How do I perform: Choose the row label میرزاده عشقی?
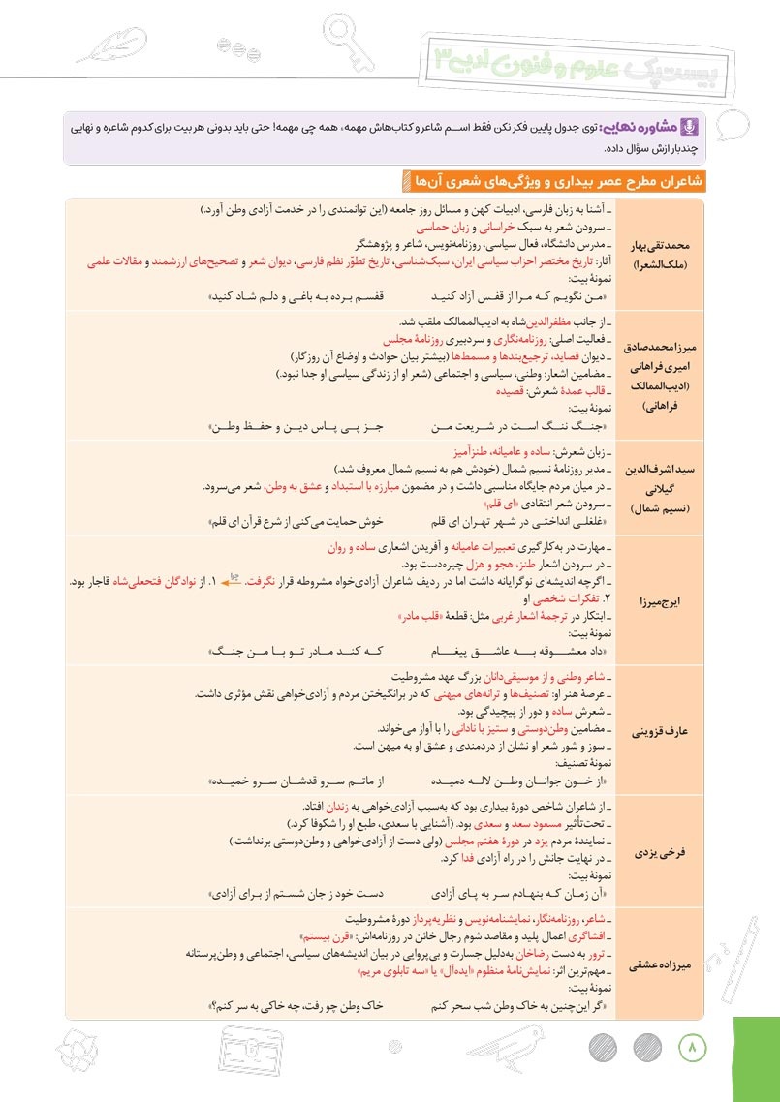(659, 964)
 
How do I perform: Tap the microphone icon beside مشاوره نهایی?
(691, 127)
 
